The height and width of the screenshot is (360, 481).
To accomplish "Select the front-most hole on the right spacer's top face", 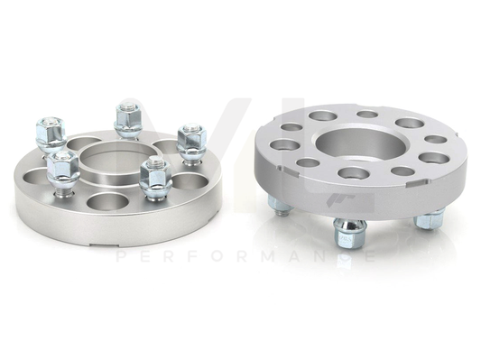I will click(347, 177).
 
